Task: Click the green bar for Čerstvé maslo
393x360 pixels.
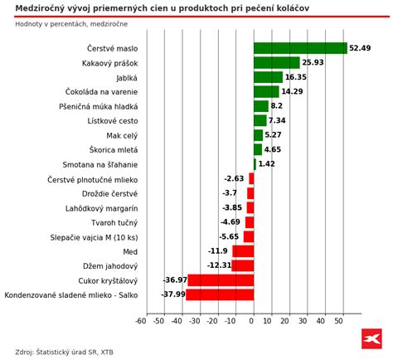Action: coord(300,48)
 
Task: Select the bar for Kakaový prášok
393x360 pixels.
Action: coord(276,63)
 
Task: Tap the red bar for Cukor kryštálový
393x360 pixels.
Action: coord(221,280)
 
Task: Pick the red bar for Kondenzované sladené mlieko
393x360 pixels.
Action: coord(220,294)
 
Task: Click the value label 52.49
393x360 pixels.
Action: coord(360,48)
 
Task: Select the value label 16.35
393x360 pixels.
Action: coord(296,77)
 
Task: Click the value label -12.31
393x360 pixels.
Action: coord(219,265)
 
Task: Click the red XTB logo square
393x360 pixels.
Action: coord(371,338)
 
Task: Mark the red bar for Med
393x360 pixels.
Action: coord(242,251)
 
